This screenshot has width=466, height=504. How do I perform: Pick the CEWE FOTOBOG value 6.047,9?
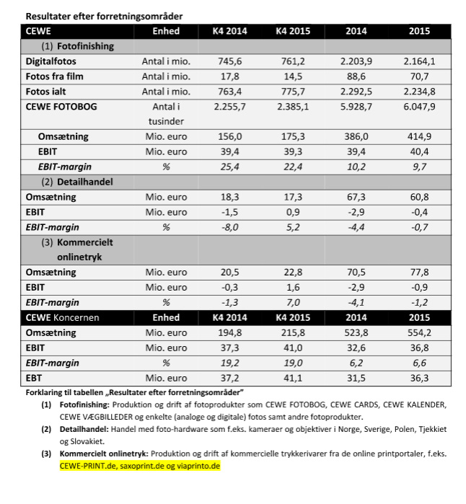[x=419, y=107]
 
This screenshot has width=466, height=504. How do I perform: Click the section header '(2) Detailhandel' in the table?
[x=76, y=182]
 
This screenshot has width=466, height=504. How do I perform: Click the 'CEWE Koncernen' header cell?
[x=63, y=317]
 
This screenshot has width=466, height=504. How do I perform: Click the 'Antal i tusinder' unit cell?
[x=165, y=114]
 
